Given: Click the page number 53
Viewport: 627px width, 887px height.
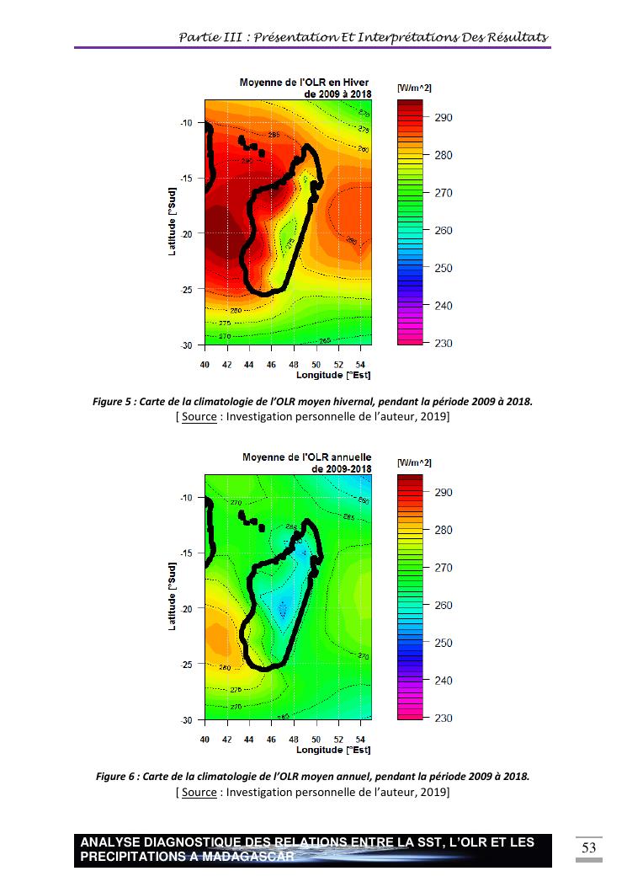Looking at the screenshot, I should (x=589, y=847).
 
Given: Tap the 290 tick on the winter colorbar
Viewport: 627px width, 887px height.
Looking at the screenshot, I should (x=443, y=118).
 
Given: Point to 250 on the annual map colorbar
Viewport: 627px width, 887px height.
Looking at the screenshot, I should (x=443, y=643).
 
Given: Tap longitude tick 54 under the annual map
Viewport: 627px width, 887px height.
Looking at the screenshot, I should (x=360, y=739).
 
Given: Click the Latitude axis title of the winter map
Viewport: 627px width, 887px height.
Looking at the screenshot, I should (x=172, y=223).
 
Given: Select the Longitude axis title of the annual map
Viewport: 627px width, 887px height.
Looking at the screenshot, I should (x=333, y=750).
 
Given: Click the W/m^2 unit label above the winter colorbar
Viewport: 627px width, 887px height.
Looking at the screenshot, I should (x=414, y=88).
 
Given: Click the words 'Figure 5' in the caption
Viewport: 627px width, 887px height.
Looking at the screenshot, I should (x=113, y=402).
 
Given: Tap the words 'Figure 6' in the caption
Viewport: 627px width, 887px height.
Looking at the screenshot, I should (x=116, y=777).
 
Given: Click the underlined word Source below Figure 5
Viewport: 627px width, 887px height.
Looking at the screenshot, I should (x=199, y=417).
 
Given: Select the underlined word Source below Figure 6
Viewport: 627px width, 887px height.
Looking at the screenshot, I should (x=199, y=792).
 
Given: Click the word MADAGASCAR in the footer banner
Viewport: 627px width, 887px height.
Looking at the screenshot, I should (x=249, y=857).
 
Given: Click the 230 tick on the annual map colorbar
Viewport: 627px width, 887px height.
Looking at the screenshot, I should (x=443, y=719).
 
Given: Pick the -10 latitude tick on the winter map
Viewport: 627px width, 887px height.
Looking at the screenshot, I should (x=187, y=123).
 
